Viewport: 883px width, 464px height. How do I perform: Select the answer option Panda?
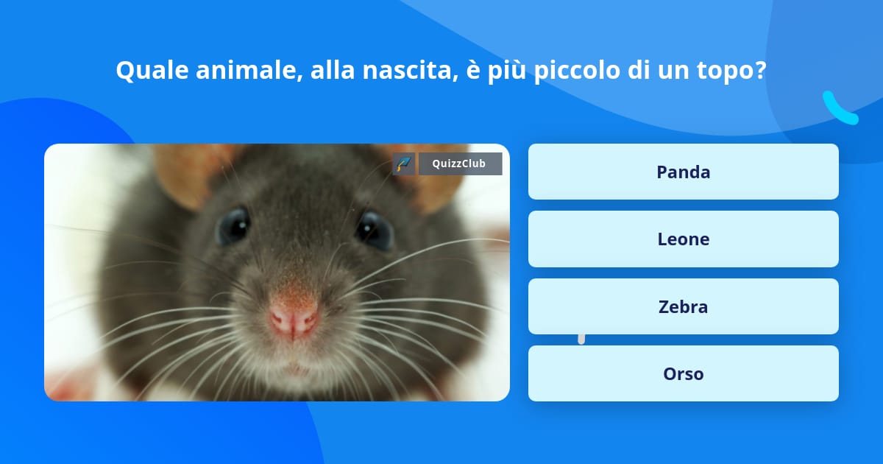pyautogui.click(x=683, y=172)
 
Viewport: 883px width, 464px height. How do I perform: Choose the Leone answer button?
pyautogui.click(x=683, y=239)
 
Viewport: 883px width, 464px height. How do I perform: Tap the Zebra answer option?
pyautogui.click(x=683, y=306)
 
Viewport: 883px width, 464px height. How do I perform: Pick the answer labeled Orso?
pyautogui.click(x=683, y=373)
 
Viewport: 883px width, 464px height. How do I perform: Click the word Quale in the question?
pyautogui.click(x=151, y=71)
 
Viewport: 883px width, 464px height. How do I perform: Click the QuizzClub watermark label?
pyautogui.click(x=461, y=164)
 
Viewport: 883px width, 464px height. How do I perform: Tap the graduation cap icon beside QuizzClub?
pyautogui.click(x=404, y=164)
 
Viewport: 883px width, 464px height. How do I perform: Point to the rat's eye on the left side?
pyautogui.click(x=233, y=225)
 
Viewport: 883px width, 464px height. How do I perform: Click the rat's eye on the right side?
pyautogui.click(x=375, y=229)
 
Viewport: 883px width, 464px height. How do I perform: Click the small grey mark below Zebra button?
pyautogui.click(x=581, y=339)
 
